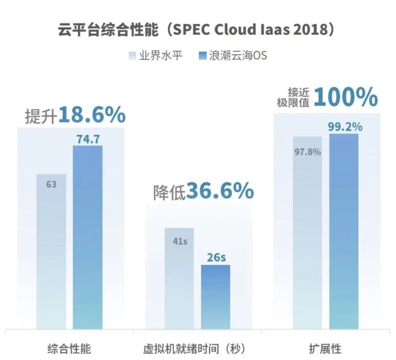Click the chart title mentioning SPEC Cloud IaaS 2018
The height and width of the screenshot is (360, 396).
click(196, 30)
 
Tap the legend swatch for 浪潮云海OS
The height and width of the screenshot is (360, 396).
click(201, 55)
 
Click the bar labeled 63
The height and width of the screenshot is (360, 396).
click(51, 253)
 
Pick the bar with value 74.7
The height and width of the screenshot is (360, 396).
click(87, 238)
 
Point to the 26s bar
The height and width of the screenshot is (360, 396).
click(215, 297)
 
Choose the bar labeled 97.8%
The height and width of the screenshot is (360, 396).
click(307, 233)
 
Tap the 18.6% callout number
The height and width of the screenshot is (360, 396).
click(92, 115)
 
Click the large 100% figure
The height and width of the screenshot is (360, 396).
click(345, 97)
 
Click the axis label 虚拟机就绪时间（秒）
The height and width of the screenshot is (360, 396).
click(197, 348)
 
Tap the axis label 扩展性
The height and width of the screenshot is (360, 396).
click(325, 348)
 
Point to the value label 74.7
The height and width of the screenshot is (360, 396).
click(87, 139)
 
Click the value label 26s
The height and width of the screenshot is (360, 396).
click(216, 258)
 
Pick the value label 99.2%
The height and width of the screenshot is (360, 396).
click(345, 127)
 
